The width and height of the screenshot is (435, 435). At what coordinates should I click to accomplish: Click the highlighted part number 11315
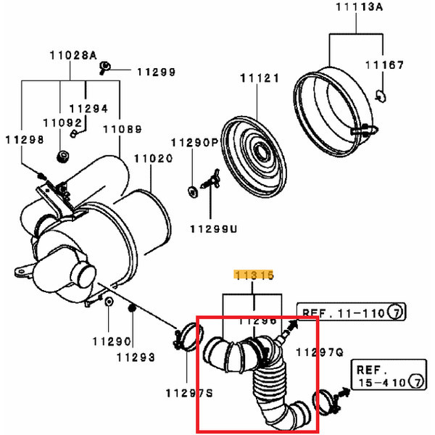252,275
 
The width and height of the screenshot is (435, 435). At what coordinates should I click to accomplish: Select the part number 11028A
73,55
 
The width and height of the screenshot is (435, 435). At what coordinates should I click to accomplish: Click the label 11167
384,65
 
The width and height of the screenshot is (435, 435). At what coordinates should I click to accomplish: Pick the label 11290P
194,144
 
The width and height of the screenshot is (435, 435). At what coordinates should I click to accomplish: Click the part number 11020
152,157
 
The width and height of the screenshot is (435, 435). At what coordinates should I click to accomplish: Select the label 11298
25,139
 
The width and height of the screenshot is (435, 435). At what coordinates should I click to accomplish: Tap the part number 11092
58,124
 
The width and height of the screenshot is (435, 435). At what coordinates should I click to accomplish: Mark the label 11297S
188,393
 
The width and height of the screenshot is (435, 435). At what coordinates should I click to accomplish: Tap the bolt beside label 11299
104,70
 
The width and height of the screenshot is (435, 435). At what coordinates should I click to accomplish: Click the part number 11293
136,357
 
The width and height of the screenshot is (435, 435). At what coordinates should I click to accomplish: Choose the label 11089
122,128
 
